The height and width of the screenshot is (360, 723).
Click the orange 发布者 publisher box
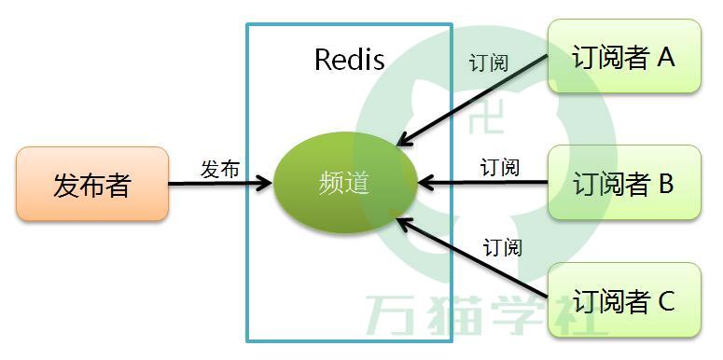[92, 184]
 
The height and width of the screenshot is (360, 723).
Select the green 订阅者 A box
[623, 57]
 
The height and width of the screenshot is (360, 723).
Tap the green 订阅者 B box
[623, 183]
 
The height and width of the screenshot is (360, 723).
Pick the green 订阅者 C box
[623, 300]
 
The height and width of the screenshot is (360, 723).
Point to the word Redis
[349, 60]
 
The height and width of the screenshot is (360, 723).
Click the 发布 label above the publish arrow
[220, 169]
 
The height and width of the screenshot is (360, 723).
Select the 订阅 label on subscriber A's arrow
[489, 63]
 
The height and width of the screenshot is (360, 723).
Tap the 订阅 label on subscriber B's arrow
[500, 168]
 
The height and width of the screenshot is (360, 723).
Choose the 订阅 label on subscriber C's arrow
[503, 247]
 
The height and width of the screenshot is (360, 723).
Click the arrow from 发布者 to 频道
[219, 184]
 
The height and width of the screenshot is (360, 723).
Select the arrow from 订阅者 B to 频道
[483, 183]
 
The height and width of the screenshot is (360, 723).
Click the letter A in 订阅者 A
[665, 58]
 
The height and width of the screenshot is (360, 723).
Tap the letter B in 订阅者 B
[665, 184]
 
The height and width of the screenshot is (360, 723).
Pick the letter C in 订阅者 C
[665, 301]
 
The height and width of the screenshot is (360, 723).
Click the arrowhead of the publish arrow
[266, 184]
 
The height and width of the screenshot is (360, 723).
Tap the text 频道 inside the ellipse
[344, 183]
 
